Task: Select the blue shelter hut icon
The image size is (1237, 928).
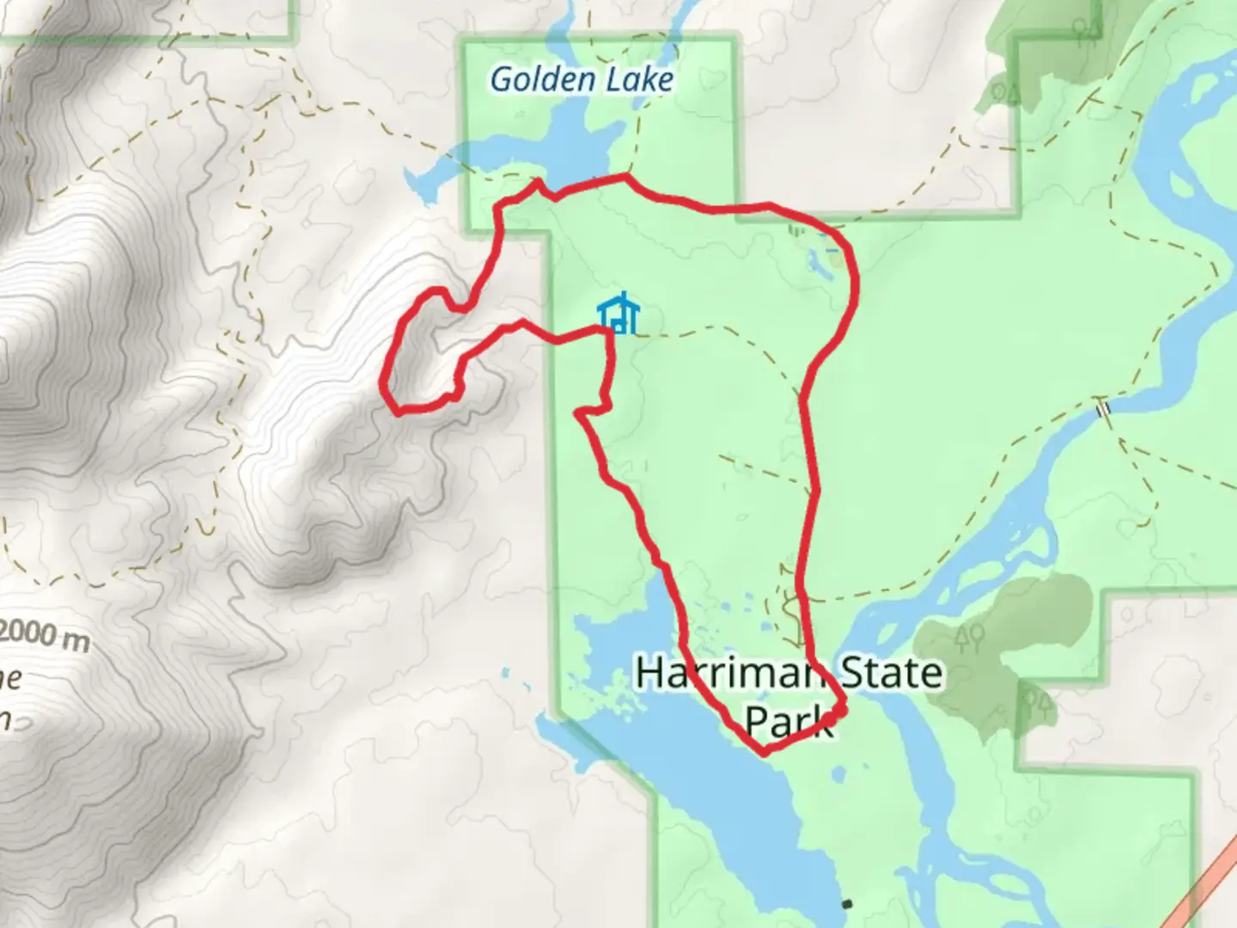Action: click(x=618, y=314)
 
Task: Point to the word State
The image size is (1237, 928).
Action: click(x=890, y=673)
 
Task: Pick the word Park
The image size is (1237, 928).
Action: click(x=788, y=722)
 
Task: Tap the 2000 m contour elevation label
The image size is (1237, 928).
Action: click(x=45, y=636)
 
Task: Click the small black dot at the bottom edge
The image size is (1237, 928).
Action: click(x=848, y=904)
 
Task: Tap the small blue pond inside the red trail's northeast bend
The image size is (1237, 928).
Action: click(x=817, y=263)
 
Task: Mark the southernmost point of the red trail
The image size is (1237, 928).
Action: click(x=764, y=754)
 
